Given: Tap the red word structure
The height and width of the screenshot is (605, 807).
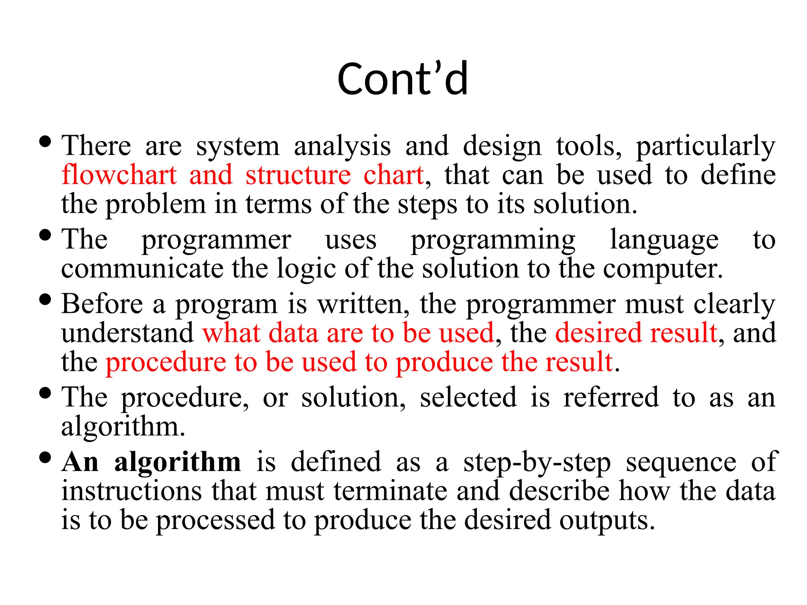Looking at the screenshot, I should point(298,175).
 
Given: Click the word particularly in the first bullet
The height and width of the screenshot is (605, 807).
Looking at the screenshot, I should point(705,147).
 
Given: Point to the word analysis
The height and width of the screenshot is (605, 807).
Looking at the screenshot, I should point(342,147).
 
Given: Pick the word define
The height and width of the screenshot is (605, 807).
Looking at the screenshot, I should point(738,175).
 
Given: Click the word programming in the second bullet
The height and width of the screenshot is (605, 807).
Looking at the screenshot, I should point(493,240).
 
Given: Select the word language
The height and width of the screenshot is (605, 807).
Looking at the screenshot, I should point(664,240).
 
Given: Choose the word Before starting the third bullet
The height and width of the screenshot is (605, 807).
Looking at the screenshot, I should point(102,304).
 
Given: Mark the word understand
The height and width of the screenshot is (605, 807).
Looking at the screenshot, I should point(127,333).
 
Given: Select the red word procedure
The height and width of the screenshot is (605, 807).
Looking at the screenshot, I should point(165,362).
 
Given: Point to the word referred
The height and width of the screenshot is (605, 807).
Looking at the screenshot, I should point(611,397).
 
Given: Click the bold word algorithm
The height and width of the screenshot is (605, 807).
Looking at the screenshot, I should point(177,462).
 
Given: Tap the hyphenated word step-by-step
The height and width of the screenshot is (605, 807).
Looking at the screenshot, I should point(537,462).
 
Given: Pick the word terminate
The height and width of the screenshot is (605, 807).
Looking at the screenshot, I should point(390,491).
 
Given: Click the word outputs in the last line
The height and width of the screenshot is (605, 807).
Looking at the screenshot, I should point(607,520).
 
